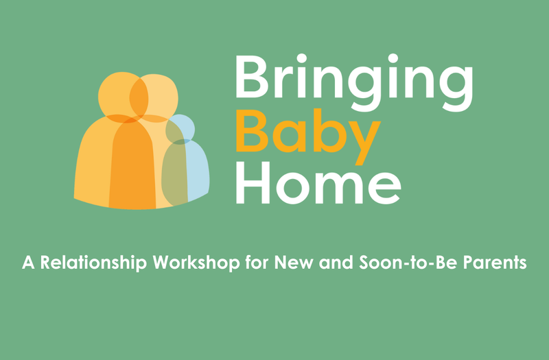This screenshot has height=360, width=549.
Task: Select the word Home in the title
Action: [x=318, y=180]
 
